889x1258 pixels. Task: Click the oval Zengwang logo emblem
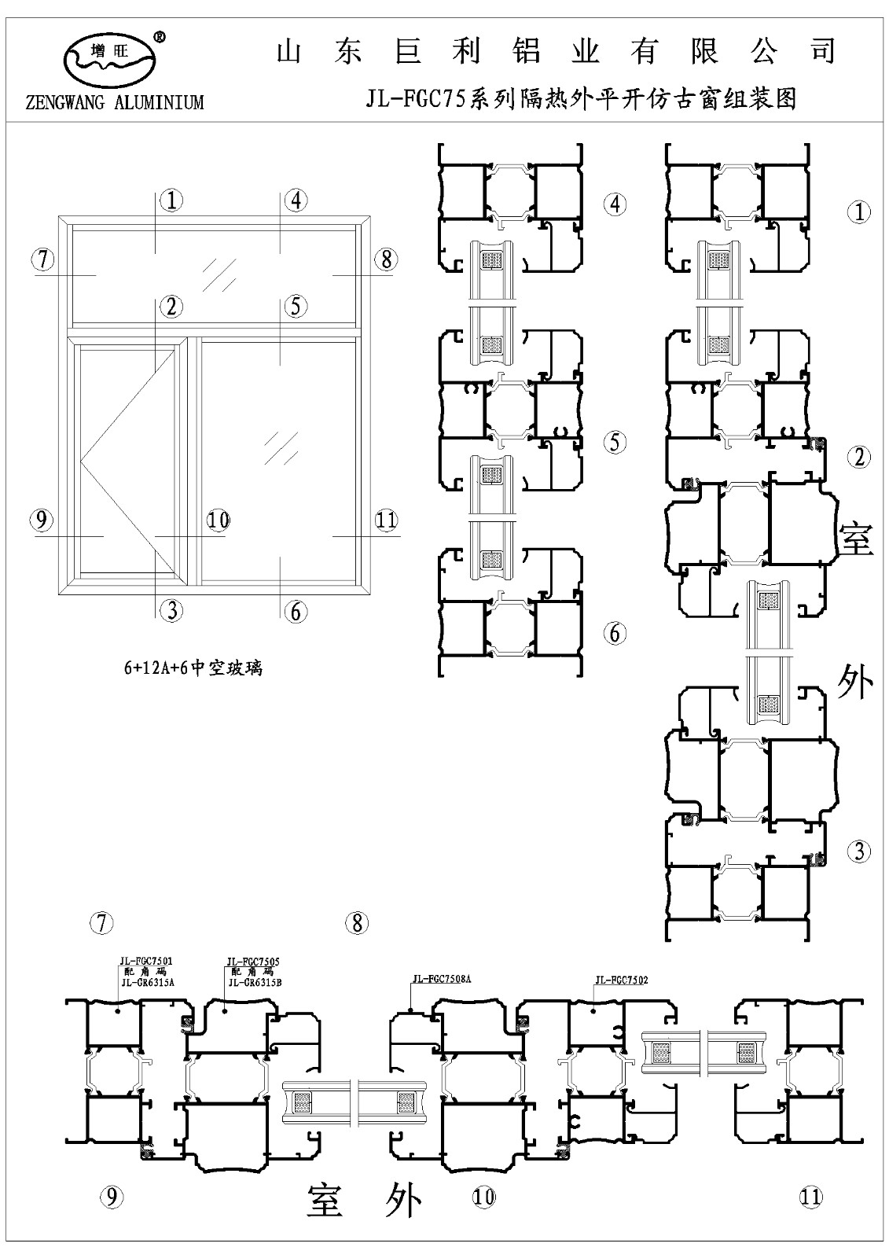click(108, 58)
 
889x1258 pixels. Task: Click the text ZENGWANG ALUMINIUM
click(115, 103)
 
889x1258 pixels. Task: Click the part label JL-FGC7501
click(146, 961)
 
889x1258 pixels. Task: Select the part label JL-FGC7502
click(623, 980)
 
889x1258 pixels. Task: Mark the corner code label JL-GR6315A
click(147, 982)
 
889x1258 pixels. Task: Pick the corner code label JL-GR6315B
click(255, 982)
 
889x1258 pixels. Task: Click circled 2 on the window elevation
click(171, 306)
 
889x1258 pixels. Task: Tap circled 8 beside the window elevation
click(386, 259)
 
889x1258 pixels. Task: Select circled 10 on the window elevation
click(218, 520)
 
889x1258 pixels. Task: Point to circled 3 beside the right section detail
click(859, 850)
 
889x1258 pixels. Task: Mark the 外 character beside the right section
click(855, 680)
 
